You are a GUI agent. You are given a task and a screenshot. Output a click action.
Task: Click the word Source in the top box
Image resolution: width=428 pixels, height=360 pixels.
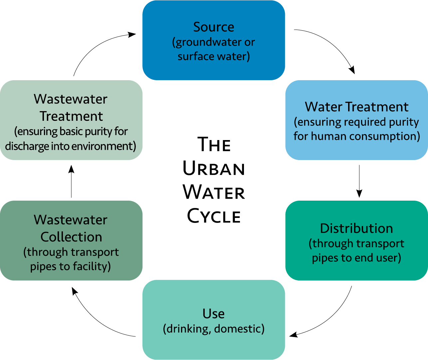[214, 27]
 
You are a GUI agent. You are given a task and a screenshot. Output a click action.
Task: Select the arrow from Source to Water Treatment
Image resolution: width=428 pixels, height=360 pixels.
[333, 43]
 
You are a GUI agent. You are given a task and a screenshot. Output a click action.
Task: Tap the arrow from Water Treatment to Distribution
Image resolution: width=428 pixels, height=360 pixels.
[359, 181]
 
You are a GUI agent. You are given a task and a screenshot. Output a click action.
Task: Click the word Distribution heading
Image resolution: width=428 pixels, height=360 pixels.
[356, 229]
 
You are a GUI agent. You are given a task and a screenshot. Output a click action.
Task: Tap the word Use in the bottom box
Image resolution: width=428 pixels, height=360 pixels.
[214, 314]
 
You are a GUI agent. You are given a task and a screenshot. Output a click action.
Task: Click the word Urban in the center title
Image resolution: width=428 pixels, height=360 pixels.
[214, 169]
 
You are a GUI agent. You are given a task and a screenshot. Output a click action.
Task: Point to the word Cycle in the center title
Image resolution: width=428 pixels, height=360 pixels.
[214, 216]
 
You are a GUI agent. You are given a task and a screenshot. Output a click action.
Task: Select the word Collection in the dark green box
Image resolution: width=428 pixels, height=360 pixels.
[71, 237]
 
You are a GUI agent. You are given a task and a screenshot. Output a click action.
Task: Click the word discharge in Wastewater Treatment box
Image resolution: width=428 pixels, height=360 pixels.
[27, 146]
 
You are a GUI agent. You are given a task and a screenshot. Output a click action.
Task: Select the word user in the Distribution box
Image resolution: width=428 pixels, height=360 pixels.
[388, 258]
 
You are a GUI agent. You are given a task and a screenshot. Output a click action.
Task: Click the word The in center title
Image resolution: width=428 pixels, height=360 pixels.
[214, 145]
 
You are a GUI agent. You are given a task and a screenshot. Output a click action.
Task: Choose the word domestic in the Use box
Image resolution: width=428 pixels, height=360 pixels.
[239, 329]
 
